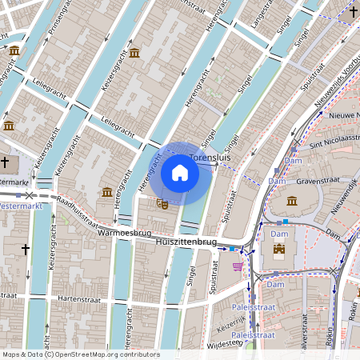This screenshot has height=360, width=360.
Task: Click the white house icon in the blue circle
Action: [x=180, y=173]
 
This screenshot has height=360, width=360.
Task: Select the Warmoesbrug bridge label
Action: [x=124, y=234]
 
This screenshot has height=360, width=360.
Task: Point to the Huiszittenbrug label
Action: [x=186, y=241]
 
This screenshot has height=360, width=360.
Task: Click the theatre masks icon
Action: [x=162, y=204]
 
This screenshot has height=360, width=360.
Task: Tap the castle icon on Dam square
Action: [x=279, y=250]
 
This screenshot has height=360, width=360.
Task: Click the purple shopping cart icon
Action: [x=237, y=266]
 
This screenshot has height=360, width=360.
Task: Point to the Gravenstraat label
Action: [x=318, y=181]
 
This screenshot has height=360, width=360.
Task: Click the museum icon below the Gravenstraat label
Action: [x=292, y=201]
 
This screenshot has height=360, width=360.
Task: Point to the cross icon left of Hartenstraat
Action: [x=25, y=250]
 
